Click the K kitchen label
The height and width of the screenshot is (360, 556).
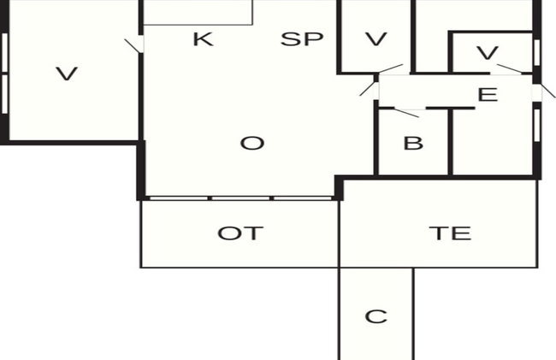coord(204,39)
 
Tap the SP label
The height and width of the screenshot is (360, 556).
coord(302,39)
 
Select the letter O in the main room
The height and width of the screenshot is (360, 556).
coord(252,144)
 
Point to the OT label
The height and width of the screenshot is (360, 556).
coord(240,233)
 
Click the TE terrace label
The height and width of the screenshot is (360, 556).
coord(450,233)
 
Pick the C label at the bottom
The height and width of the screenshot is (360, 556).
coord(376,316)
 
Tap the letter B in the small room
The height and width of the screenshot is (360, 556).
coord(413,144)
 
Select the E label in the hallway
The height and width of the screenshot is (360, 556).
coord(488,95)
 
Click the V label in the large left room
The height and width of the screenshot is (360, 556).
coord(67,74)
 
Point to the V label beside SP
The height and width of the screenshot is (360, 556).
coord(376,39)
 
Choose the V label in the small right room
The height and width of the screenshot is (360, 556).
coord(488,53)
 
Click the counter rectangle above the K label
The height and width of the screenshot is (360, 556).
coord(198,13)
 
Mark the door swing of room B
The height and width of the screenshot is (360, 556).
coord(406,113)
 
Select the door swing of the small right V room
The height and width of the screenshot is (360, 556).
coord(510,68)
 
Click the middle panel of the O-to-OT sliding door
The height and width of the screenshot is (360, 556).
coord(240,198)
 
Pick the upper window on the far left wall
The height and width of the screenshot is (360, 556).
coord(4,53)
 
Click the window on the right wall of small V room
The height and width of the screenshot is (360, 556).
coord(537,52)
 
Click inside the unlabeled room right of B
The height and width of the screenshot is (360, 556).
coord(493,142)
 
